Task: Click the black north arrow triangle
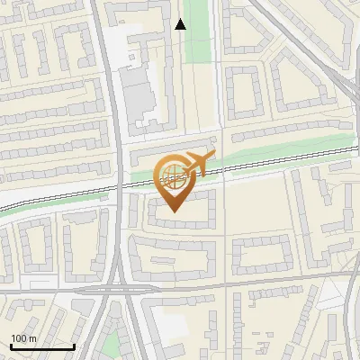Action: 180,24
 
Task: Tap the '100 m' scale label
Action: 23,338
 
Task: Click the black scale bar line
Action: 41,346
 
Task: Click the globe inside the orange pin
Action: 171,177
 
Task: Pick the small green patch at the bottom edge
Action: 110,347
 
